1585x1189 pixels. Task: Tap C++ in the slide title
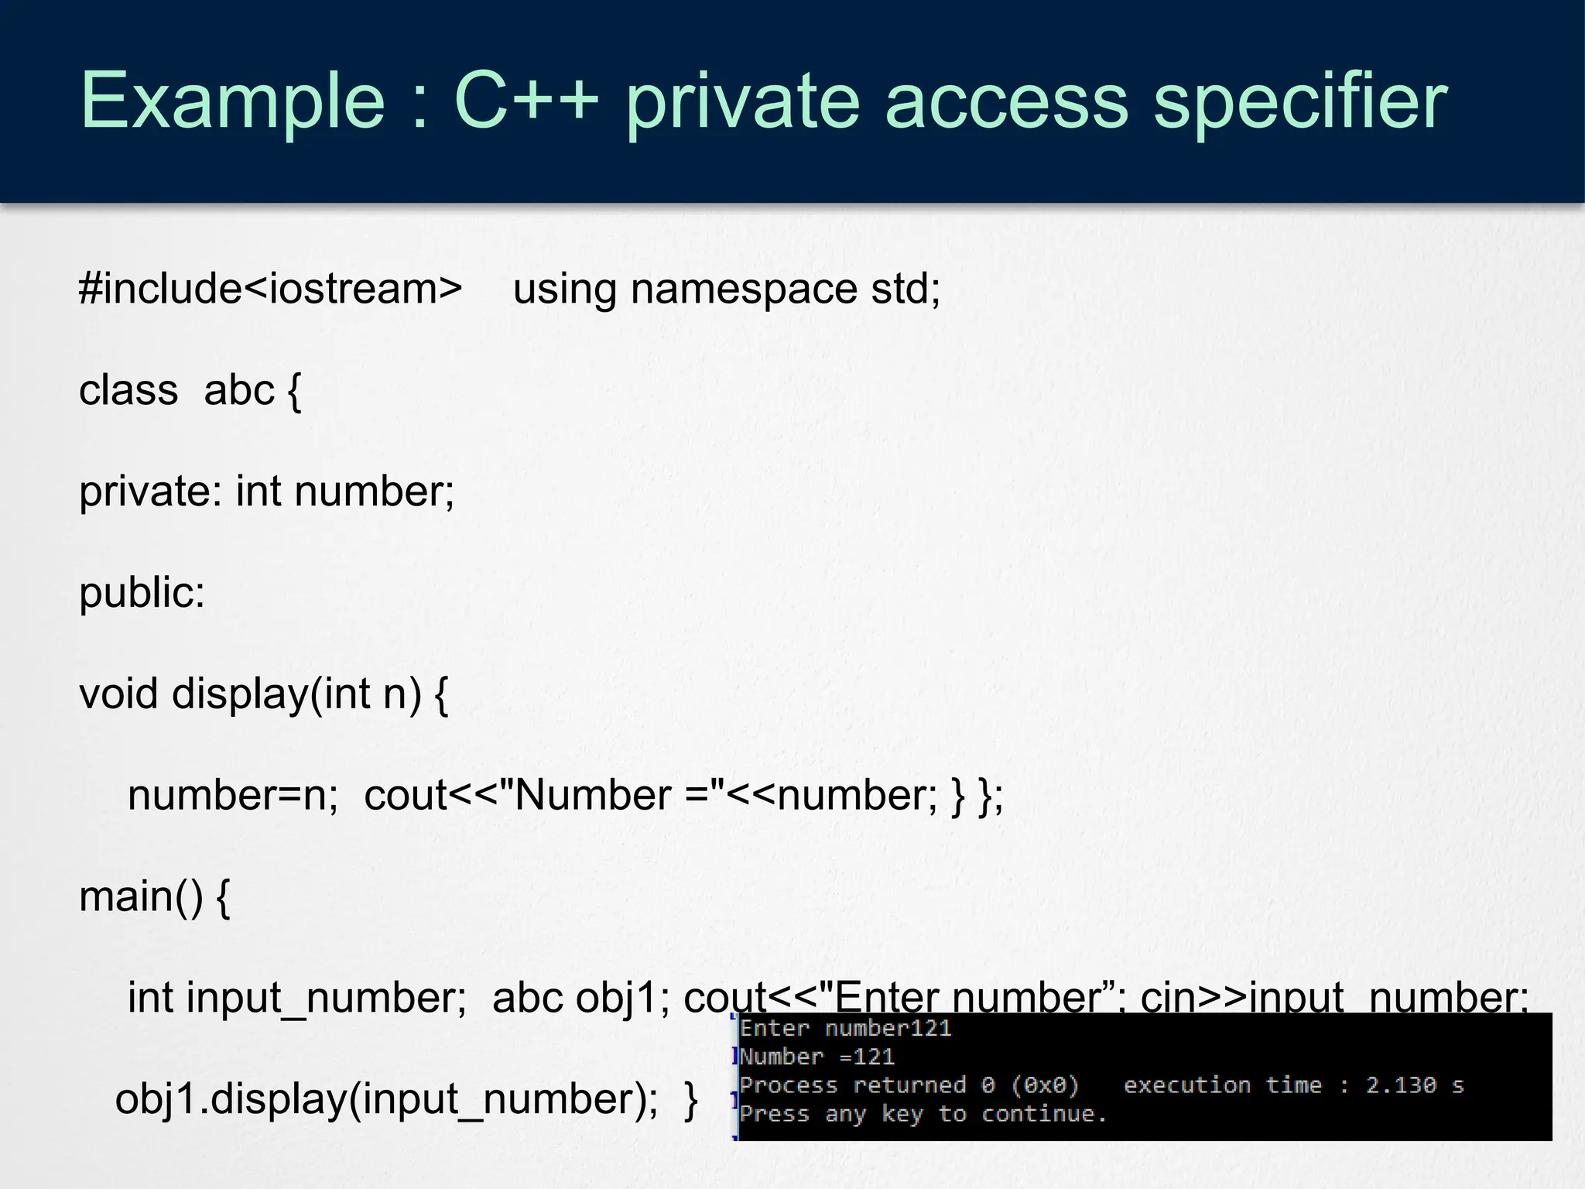tap(526, 101)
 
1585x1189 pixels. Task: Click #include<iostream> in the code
tap(271, 289)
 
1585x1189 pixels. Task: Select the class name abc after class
tap(239, 389)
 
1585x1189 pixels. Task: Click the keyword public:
tap(142, 593)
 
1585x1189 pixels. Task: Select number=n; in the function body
tap(233, 795)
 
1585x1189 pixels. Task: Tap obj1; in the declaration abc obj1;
tap(623, 998)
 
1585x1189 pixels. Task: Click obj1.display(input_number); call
tap(387, 1099)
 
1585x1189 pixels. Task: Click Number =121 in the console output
tap(817, 1057)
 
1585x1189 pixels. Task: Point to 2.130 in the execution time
tap(1400, 1085)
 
